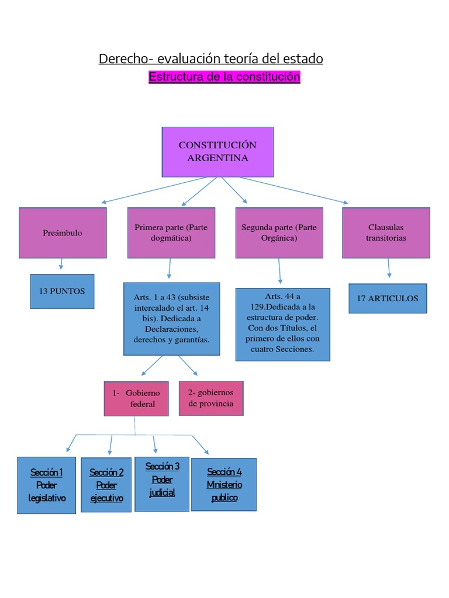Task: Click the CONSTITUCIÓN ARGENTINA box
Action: tap(217, 152)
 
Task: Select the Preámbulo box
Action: tap(63, 233)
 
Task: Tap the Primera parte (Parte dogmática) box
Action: tap(171, 233)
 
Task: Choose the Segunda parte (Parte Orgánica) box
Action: tap(279, 233)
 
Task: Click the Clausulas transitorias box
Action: tap(386, 233)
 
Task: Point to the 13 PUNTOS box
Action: tap(62, 291)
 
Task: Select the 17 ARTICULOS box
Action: tap(388, 298)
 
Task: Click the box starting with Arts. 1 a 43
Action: tap(171, 319)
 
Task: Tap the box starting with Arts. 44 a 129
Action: tap(282, 324)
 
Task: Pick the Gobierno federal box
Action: tap(137, 399)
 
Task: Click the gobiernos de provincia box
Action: tap(211, 398)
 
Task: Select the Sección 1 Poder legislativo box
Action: tap(46, 485)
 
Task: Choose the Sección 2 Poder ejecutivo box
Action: tap(106, 485)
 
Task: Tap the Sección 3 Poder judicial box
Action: tap(162, 484)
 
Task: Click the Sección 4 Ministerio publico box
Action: tap(224, 484)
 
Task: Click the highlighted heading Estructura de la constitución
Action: tap(224, 77)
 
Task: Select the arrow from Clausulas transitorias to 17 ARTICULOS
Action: tap(389, 268)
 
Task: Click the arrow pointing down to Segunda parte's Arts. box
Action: tap(279, 272)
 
